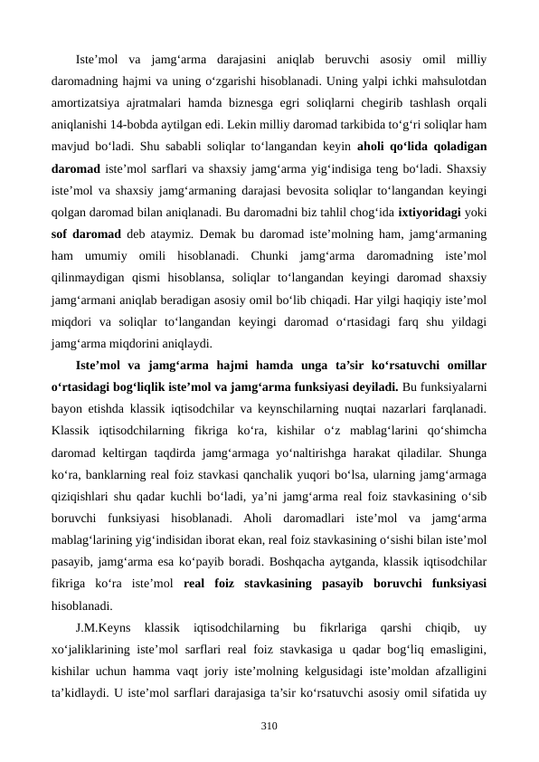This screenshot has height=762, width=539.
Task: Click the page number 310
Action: [x=269, y=725]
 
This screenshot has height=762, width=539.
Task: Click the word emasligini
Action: [x=454, y=647]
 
